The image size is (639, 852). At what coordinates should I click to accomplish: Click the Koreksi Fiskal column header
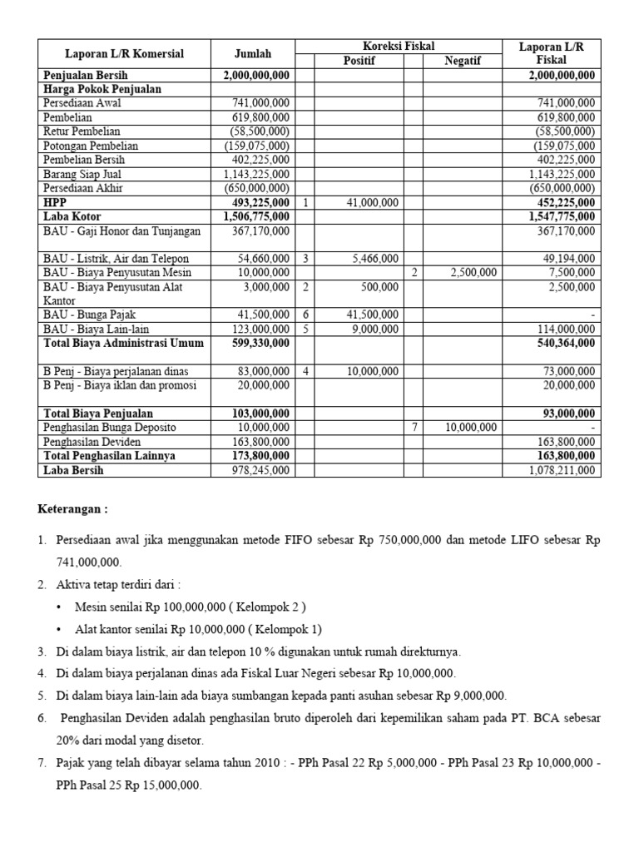coord(399,47)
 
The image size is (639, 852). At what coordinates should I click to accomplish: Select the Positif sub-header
coord(359,61)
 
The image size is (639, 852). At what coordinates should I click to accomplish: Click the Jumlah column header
coord(253,54)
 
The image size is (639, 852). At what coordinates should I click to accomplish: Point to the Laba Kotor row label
coord(73,215)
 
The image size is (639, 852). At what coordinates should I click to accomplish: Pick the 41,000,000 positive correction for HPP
coord(370,202)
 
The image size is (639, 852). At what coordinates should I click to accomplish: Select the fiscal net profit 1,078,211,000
coord(562,470)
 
